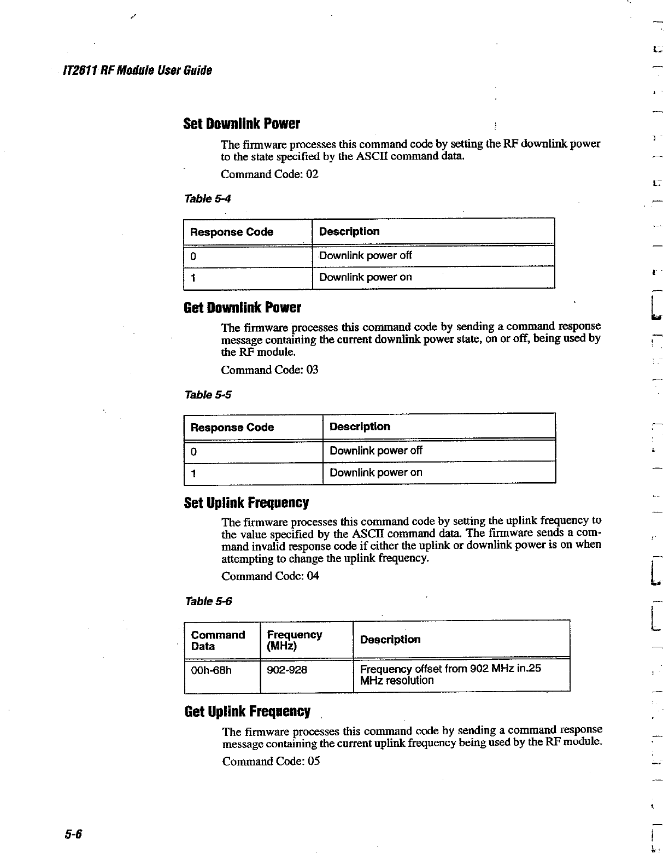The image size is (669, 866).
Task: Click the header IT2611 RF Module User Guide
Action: [137, 71]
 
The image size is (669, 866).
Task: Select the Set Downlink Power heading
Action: [242, 124]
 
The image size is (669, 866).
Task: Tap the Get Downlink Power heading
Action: [242, 307]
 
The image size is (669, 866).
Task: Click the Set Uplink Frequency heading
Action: [246, 502]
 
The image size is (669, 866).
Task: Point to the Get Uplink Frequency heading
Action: [247, 711]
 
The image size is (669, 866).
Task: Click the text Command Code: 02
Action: [269, 174]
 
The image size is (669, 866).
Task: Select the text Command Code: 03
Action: [269, 370]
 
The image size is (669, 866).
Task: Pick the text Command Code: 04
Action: [270, 576]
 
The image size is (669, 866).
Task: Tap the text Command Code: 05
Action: [271, 761]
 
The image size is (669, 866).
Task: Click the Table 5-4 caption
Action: [208, 198]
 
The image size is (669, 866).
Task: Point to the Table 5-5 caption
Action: [208, 394]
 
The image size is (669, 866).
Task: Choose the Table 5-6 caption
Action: [208, 601]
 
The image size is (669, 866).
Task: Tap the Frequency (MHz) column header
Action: [294, 640]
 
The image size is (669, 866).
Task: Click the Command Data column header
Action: [218, 640]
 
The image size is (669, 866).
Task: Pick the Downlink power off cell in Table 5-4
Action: [365, 255]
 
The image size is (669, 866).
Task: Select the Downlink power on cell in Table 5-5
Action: [375, 472]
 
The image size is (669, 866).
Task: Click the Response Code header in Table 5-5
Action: [232, 427]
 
